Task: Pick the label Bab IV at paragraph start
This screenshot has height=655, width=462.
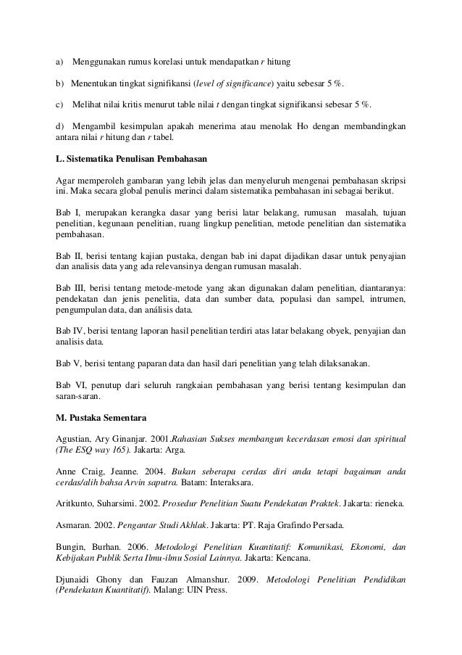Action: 71,331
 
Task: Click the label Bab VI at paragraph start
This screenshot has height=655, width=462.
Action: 71,384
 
